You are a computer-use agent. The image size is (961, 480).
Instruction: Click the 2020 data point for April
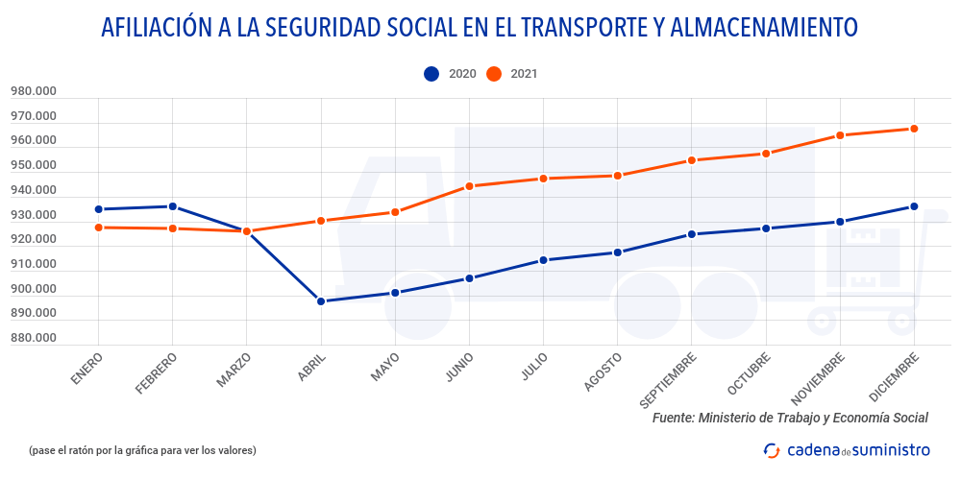(x=321, y=301)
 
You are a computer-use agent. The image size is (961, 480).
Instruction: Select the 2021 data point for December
(x=914, y=129)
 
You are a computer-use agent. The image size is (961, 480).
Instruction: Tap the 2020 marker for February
(x=173, y=206)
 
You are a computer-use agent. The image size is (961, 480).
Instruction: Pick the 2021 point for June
(x=469, y=186)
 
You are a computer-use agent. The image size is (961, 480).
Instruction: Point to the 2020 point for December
(x=914, y=206)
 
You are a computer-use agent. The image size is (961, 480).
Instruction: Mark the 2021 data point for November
(x=840, y=135)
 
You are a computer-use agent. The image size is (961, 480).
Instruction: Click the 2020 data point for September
(x=692, y=234)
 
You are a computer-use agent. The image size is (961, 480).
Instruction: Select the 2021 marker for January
(x=99, y=228)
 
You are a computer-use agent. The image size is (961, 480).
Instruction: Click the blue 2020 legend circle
(x=431, y=74)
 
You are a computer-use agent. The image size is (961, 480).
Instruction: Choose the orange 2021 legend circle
(x=494, y=74)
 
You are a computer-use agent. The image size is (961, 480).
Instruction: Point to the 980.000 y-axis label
(x=34, y=92)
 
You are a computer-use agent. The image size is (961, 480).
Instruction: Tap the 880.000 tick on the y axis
(x=34, y=338)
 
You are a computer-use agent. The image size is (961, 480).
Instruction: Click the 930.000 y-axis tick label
(x=34, y=215)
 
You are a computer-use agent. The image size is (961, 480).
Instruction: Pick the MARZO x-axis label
(x=234, y=371)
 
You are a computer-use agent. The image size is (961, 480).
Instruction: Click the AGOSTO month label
(x=603, y=372)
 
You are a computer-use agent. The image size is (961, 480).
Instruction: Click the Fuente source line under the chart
(x=790, y=418)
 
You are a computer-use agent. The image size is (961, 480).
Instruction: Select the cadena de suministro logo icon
(x=772, y=449)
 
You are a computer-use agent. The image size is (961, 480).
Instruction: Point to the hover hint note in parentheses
(x=142, y=449)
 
